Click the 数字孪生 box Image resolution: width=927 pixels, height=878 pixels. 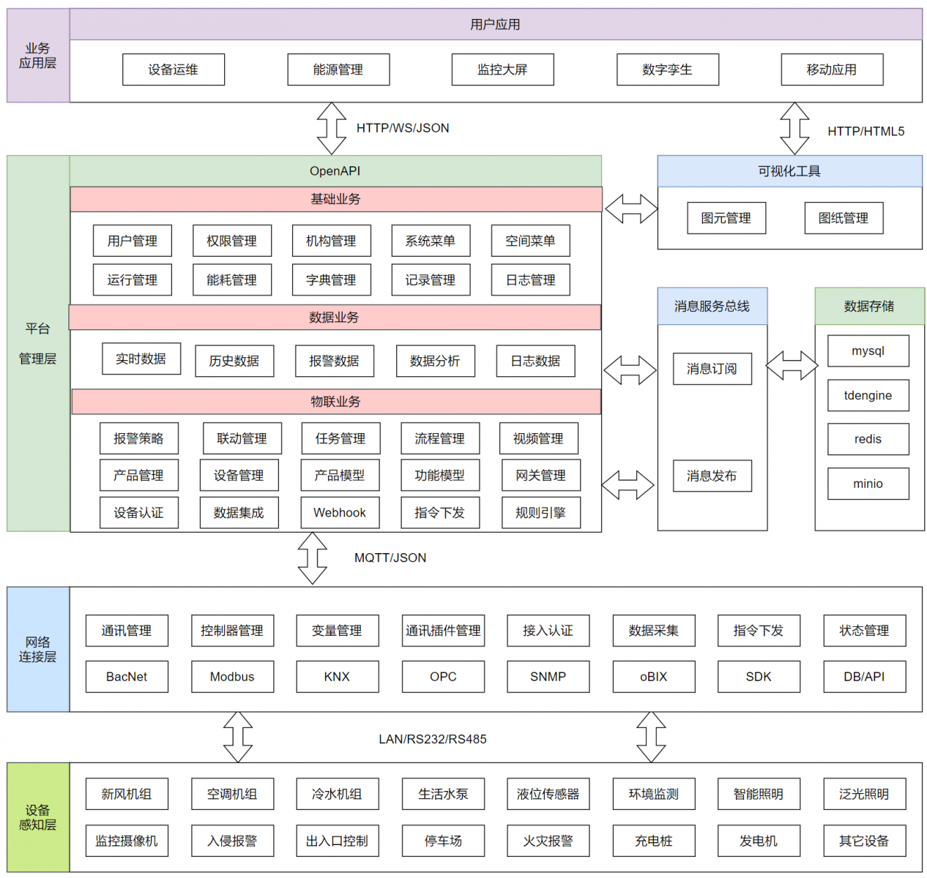pyautogui.click(x=667, y=70)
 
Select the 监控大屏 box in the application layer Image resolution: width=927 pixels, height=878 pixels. pyautogui.click(x=502, y=70)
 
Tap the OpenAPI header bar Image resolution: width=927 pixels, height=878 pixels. pyautogui.click(x=335, y=171)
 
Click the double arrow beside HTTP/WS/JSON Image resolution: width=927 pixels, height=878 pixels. pyautogui.click(x=332, y=128)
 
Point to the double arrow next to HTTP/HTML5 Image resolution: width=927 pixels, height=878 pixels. pyautogui.click(x=794, y=128)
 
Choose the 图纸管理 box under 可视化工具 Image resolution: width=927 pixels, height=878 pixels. pyautogui.click(x=844, y=218)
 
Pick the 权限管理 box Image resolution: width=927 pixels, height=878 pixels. pyautogui.click(x=232, y=241)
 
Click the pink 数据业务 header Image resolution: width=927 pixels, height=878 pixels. pyautogui.click(x=335, y=317)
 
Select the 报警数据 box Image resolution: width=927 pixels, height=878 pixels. pyautogui.click(x=335, y=361)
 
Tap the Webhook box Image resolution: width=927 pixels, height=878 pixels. pyautogui.click(x=340, y=512)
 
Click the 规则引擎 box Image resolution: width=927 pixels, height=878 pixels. pyautogui.click(x=541, y=512)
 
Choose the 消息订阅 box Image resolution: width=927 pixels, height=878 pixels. pyautogui.click(x=712, y=369)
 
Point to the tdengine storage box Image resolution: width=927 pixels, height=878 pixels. pyautogui.click(x=868, y=395)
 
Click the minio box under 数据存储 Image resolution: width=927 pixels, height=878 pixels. pyautogui.click(x=868, y=484)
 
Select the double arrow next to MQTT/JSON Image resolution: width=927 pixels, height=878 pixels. pyautogui.click(x=312, y=558)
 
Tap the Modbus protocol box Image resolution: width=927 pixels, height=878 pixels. pyautogui.click(x=232, y=676)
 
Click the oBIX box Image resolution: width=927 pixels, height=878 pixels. pyautogui.click(x=654, y=676)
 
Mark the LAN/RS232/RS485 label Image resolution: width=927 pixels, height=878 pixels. pyautogui.click(x=432, y=739)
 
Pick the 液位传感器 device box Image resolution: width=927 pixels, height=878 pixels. pyautogui.click(x=548, y=794)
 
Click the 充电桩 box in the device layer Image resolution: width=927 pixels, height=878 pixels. pyautogui.click(x=654, y=840)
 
